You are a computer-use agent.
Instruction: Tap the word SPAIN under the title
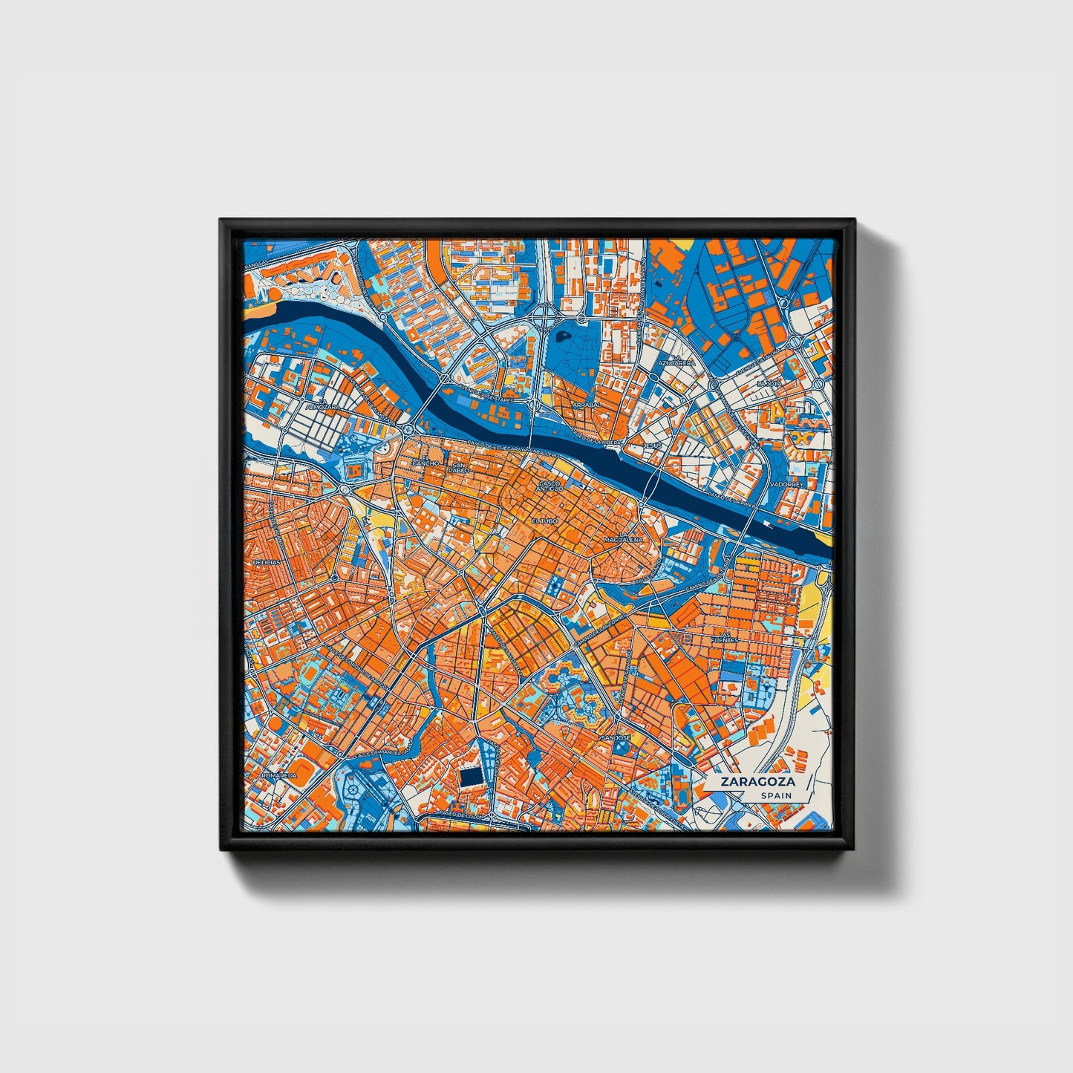click(774, 796)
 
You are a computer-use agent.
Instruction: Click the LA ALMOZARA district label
click(321, 405)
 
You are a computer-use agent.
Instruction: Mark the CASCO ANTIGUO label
click(550, 485)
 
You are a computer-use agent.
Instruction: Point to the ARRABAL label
click(586, 406)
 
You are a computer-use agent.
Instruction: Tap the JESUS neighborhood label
click(653, 446)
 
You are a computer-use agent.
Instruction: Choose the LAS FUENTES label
click(723, 636)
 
